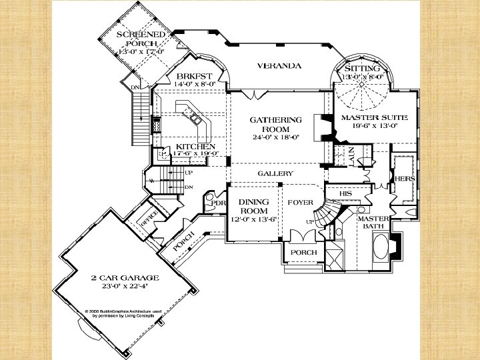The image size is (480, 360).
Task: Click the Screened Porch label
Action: coord(141,39)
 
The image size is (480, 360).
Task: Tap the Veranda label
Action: coord(279,66)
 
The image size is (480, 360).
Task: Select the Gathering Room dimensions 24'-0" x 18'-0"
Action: coord(275,137)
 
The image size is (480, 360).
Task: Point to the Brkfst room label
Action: coord(194,76)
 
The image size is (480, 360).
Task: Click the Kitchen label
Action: coord(195,146)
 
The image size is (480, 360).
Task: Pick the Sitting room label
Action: coord(363,68)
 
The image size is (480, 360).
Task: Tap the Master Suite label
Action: coord(369,117)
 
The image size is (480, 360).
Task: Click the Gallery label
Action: coord(275,173)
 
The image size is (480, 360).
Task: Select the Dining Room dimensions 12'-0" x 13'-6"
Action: coord(253,219)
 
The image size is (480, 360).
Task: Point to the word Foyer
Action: coord(301,202)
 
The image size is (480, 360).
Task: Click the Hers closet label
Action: coord(405,179)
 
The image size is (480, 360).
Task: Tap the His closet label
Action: coord(345,193)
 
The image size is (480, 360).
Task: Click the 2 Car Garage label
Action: coord(125,277)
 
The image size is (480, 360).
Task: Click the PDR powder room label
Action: coord(219,203)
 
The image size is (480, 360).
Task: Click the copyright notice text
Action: coord(123,313)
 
